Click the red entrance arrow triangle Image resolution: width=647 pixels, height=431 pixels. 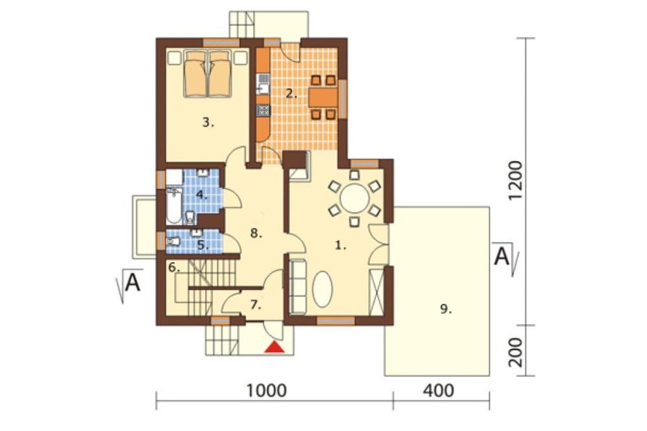pyautogui.click(x=274, y=347)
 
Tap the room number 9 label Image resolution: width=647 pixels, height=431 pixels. pyautogui.click(x=446, y=309)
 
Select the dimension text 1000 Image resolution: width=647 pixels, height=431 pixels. pyautogui.click(x=266, y=390)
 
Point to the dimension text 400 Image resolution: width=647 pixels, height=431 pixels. pyautogui.click(x=438, y=390)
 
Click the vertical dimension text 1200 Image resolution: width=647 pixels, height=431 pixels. pyautogui.click(x=516, y=181)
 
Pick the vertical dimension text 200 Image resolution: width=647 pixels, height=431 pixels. pyautogui.click(x=516, y=353)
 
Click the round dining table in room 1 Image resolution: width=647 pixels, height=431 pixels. pyautogui.click(x=354, y=198)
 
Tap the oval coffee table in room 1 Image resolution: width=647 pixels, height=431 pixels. pyautogui.click(x=322, y=289)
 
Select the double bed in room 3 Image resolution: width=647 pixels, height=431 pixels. pyautogui.click(x=207, y=74)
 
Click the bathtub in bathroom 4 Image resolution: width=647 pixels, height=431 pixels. pyautogui.click(x=173, y=205)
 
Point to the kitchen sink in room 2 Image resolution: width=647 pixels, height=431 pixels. pyautogui.click(x=263, y=85)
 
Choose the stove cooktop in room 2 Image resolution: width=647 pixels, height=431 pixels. pyautogui.click(x=263, y=110)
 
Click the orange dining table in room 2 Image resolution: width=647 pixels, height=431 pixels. pyautogui.click(x=323, y=98)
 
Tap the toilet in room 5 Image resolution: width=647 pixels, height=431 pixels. pyautogui.click(x=173, y=240)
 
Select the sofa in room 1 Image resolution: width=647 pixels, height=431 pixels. pyautogui.click(x=298, y=286)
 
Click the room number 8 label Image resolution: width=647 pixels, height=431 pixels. pyautogui.click(x=256, y=233)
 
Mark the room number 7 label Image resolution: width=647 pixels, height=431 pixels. pyautogui.click(x=256, y=305)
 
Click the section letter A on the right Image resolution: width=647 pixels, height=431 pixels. pyautogui.click(x=502, y=257)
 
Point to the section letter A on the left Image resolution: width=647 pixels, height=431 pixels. pyautogui.click(x=133, y=283)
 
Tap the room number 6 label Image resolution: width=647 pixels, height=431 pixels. pyautogui.click(x=174, y=267)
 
